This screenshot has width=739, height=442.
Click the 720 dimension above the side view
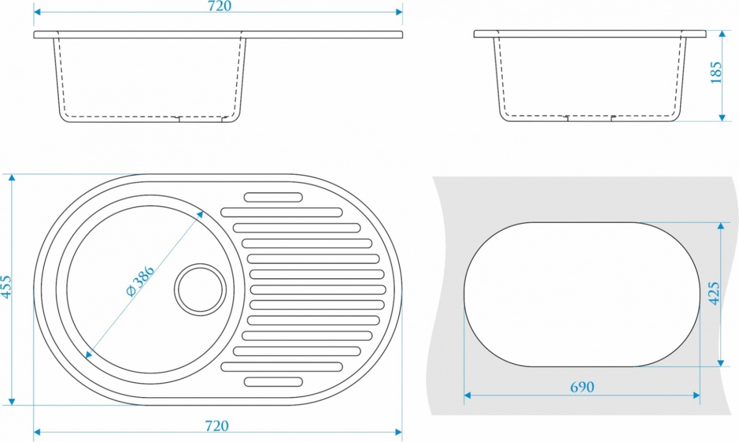click(x=219, y=6)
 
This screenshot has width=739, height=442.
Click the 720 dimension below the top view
click(x=217, y=426)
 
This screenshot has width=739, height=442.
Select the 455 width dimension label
click(x=6, y=287)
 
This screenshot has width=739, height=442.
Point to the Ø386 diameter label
click(x=140, y=281)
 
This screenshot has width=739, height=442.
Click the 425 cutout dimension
click(x=714, y=293)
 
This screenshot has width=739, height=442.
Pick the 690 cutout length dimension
click(x=582, y=387)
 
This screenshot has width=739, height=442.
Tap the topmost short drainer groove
click(x=273, y=197)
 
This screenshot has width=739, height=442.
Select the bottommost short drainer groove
click(x=273, y=382)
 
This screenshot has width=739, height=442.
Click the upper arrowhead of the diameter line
click(x=200, y=214)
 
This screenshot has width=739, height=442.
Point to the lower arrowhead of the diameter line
click(x=88, y=355)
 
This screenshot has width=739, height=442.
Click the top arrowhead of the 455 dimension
click(x=12, y=177)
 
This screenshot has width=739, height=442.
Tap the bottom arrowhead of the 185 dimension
click(x=722, y=118)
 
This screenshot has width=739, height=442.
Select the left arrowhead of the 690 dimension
click(x=467, y=395)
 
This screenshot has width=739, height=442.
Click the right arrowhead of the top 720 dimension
click(x=399, y=12)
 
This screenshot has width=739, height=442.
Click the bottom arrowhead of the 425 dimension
click(x=721, y=363)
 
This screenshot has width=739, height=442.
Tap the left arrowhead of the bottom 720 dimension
click(x=38, y=432)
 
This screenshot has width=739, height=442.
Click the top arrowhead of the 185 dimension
click(x=722, y=34)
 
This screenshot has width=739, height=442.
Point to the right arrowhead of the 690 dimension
click(x=696, y=395)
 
